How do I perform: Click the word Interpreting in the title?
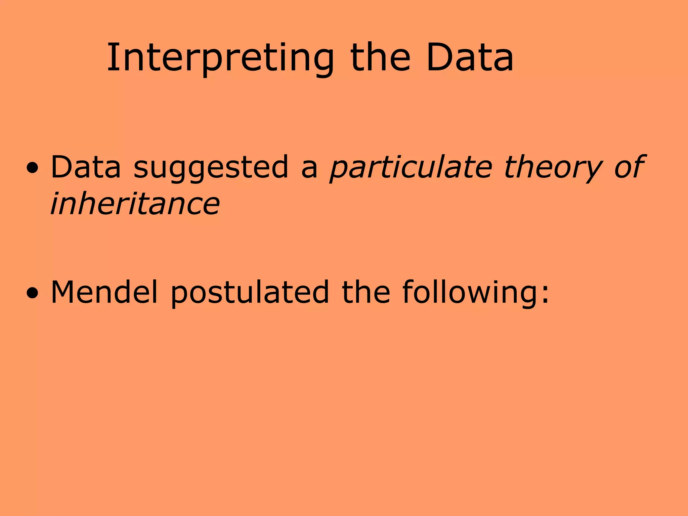[220, 58]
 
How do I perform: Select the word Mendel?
[104, 292]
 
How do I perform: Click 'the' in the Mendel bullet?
[366, 292]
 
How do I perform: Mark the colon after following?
[545, 296]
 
